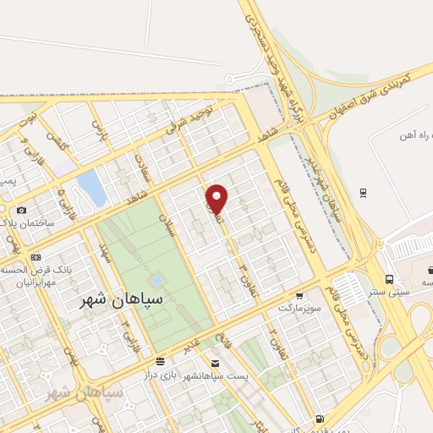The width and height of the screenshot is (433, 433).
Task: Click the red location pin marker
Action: coord(217,199)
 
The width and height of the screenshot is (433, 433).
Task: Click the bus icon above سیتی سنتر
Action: coord(389,279)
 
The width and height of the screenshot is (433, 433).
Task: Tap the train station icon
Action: coord(362,191)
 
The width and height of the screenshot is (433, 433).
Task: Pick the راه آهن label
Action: coord(414,134)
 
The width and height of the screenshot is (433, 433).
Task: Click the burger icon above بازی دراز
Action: coord(156,360)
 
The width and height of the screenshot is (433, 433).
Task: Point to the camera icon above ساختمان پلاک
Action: coord(21,210)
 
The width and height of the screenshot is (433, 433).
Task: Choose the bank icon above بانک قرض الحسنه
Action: coord(36,257)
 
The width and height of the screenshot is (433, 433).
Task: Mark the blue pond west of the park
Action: coord(90,188)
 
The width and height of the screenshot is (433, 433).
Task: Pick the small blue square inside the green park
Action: coord(157,278)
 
